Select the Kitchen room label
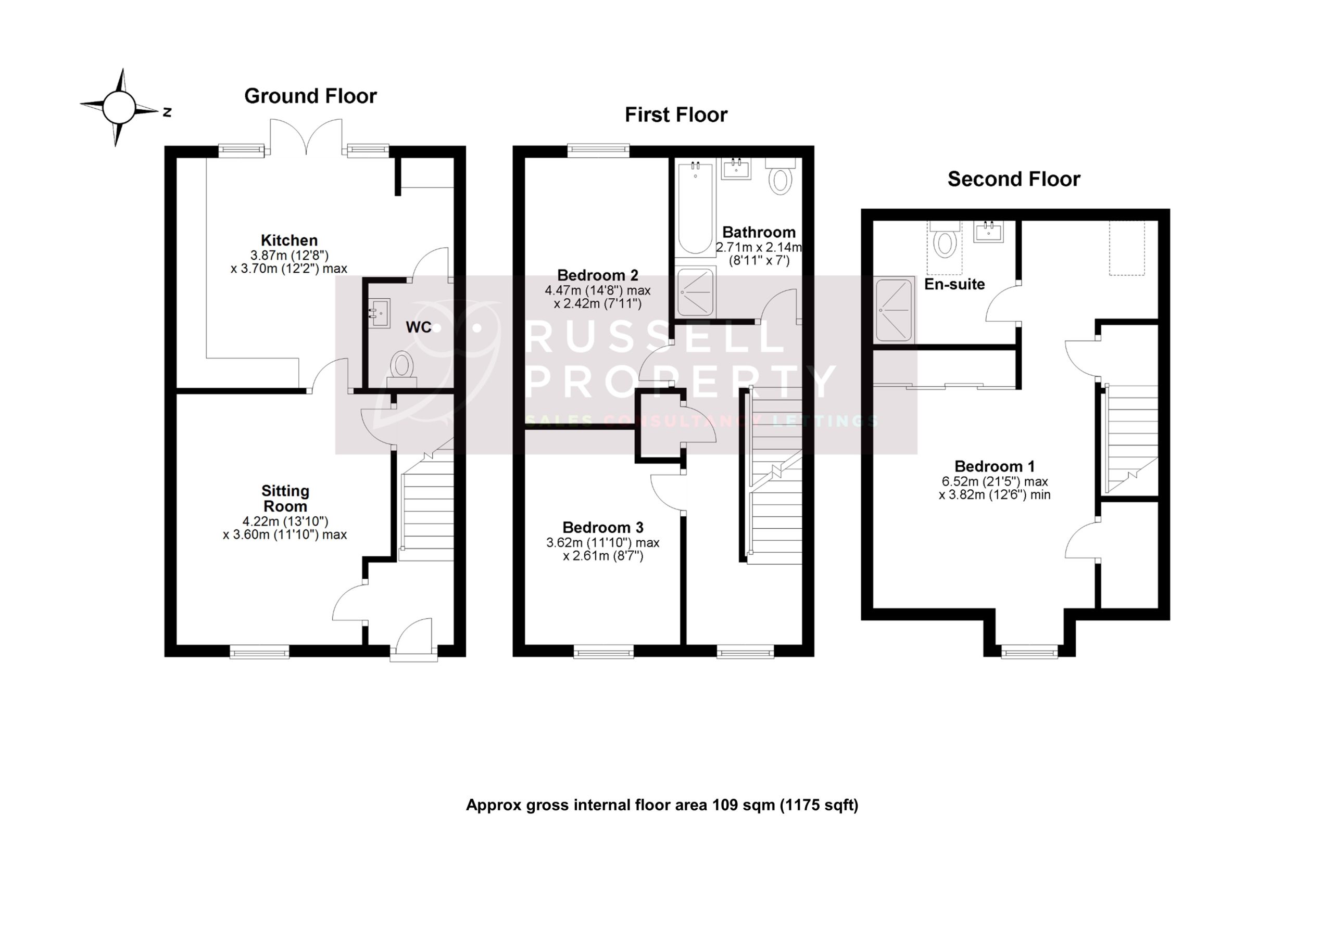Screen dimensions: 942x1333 [x=288, y=240]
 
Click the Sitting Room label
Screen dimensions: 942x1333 [x=284, y=498]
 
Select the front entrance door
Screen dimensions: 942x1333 [x=413, y=639]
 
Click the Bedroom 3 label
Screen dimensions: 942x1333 [x=602, y=527]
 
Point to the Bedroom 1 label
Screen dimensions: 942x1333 [x=995, y=466]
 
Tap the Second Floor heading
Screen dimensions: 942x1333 [x=1013, y=179]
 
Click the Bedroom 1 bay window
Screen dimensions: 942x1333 [x=1029, y=653]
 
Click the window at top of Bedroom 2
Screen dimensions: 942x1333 [x=599, y=151]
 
